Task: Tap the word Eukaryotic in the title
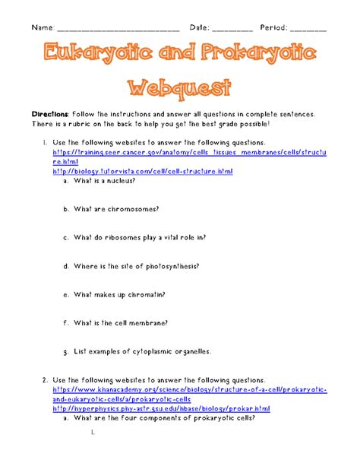pos(86,55)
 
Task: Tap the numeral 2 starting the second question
pos(46,379)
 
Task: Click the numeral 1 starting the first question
pos(46,142)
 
